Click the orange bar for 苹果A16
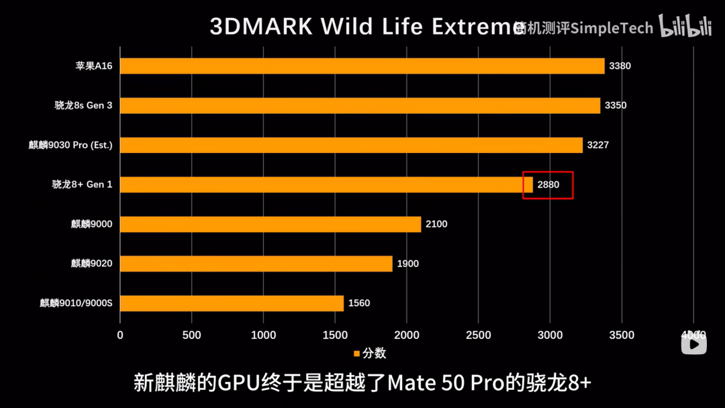pos(362,66)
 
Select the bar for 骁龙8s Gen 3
pos(360,105)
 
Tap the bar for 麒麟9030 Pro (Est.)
pos(352,145)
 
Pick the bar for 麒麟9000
pos(271,224)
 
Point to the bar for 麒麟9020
pos(256,264)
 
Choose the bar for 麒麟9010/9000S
pos(232,303)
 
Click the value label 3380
pos(620,66)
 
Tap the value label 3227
pos(597,145)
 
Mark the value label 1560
pos(358,303)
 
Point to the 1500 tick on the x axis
pos(335,335)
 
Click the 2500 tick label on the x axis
pos(478,335)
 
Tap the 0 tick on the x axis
pos(120,335)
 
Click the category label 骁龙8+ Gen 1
pos(83,185)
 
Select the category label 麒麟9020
pos(92,264)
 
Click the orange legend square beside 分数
pos(357,354)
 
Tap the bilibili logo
pos(685,27)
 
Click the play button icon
pos(694,344)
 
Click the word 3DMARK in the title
pos(261,27)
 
